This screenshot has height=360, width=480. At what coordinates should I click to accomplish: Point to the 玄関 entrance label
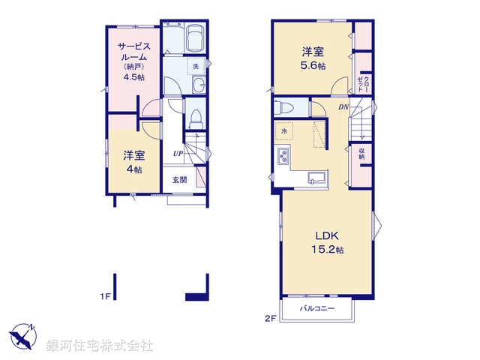[x=180, y=179]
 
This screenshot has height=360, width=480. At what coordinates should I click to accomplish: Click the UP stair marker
[x=178, y=154]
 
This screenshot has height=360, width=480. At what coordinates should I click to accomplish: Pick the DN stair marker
[x=343, y=107]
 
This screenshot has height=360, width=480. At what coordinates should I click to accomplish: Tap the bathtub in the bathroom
[x=196, y=37]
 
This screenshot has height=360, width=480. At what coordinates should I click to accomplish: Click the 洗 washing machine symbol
[x=196, y=67]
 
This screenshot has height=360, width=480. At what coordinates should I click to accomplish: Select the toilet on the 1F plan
[x=196, y=118]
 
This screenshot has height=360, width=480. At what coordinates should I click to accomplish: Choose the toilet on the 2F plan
[x=283, y=106]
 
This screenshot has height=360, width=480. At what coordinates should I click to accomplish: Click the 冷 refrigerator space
[x=284, y=131]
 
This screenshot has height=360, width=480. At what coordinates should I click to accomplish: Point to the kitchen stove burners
[x=285, y=157]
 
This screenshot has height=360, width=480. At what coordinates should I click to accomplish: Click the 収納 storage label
[x=361, y=154]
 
